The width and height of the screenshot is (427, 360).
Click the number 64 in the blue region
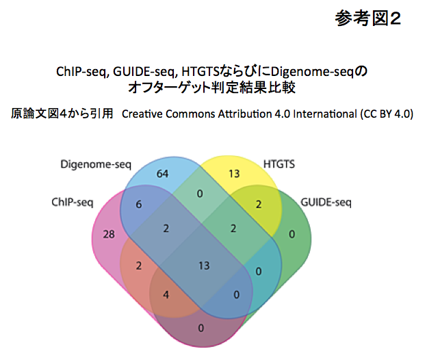(162, 174)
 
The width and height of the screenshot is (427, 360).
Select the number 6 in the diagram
(138, 204)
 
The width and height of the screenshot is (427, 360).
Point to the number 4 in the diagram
(166, 295)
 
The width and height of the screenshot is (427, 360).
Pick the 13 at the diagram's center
(203, 265)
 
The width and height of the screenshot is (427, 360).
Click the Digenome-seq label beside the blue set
(95, 164)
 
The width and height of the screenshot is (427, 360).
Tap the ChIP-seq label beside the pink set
(74, 203)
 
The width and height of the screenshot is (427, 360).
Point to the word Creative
(142, 113)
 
